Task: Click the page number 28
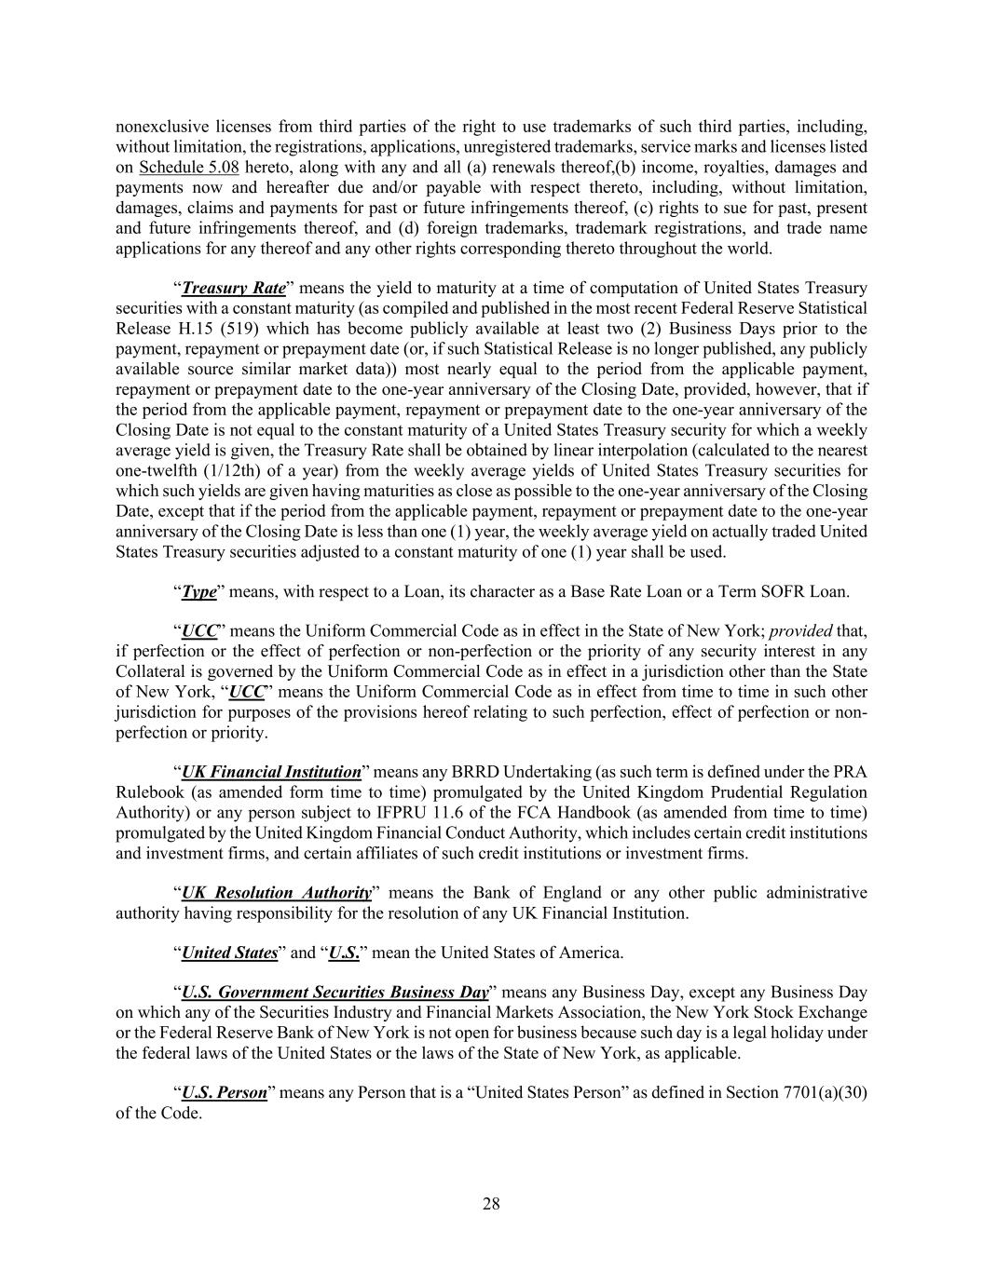click(x=491, y=1204)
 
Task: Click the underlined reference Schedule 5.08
click(x=189, y=168)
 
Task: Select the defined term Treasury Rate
click(x=234, y=288)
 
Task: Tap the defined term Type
click(x=198, y=591)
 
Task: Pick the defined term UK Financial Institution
click(x=271, y=772)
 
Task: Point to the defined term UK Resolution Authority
click(x=276, y=893)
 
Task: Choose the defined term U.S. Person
click(x=224, y=1092)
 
